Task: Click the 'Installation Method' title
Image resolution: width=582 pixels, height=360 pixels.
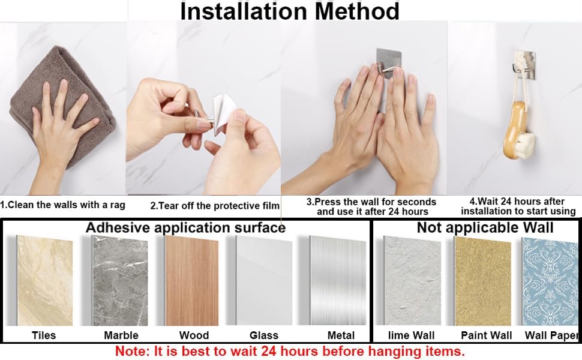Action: [290, 11]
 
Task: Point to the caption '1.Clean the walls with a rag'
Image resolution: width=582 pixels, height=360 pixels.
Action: [63, 205]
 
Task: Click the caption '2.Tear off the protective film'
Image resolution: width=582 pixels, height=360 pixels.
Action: [215, 206]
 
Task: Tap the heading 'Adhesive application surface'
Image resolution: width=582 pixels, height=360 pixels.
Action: [185, 227]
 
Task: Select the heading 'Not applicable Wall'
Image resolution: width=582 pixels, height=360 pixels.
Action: [485, 227]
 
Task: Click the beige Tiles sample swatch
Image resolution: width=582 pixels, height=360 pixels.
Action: [45, 281]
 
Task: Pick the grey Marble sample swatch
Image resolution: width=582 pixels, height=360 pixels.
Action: [120, 281]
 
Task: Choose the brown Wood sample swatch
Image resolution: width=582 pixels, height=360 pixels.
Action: [192, 281]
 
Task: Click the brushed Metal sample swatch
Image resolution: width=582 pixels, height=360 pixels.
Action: [338, 281]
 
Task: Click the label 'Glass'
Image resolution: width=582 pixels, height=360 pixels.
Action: [264, 335]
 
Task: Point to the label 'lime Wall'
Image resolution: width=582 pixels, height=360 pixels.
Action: [411, 335]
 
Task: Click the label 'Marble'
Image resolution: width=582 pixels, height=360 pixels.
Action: [121, 335]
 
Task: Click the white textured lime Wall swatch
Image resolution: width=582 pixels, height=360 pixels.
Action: [412, 281]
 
